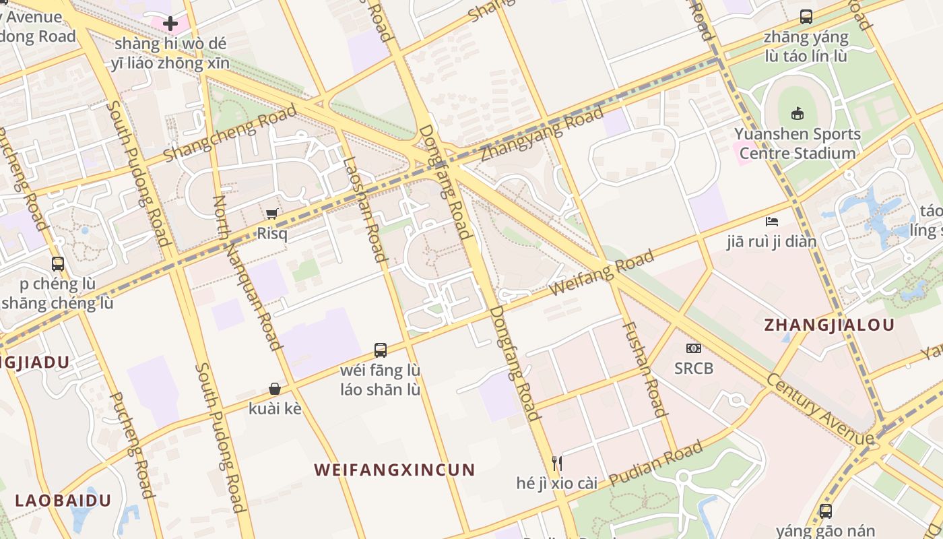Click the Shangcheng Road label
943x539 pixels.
(230, 133)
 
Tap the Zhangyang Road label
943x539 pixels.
(542, 135)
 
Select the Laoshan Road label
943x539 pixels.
(364, 209)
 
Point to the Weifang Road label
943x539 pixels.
(601, 272)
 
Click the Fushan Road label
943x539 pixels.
(643, 368)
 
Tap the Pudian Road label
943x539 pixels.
(656, 463)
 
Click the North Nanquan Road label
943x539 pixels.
(247, 273)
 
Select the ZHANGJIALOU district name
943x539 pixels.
(829, 325)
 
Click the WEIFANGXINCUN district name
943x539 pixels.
(395, 470)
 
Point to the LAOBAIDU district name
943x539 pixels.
(63, 501)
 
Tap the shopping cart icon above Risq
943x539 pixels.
(272, 214)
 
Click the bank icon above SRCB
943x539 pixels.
(694, 348)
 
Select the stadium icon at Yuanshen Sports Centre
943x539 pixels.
(798, 113)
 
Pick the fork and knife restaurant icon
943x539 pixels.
(557, 463)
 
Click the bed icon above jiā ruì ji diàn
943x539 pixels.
(772, 221)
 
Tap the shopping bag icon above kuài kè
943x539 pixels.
(275, 389)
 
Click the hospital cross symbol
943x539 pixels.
(170, 24)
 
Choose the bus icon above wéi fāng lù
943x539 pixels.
(381, 350)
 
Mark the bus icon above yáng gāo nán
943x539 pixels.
(826, 511)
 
